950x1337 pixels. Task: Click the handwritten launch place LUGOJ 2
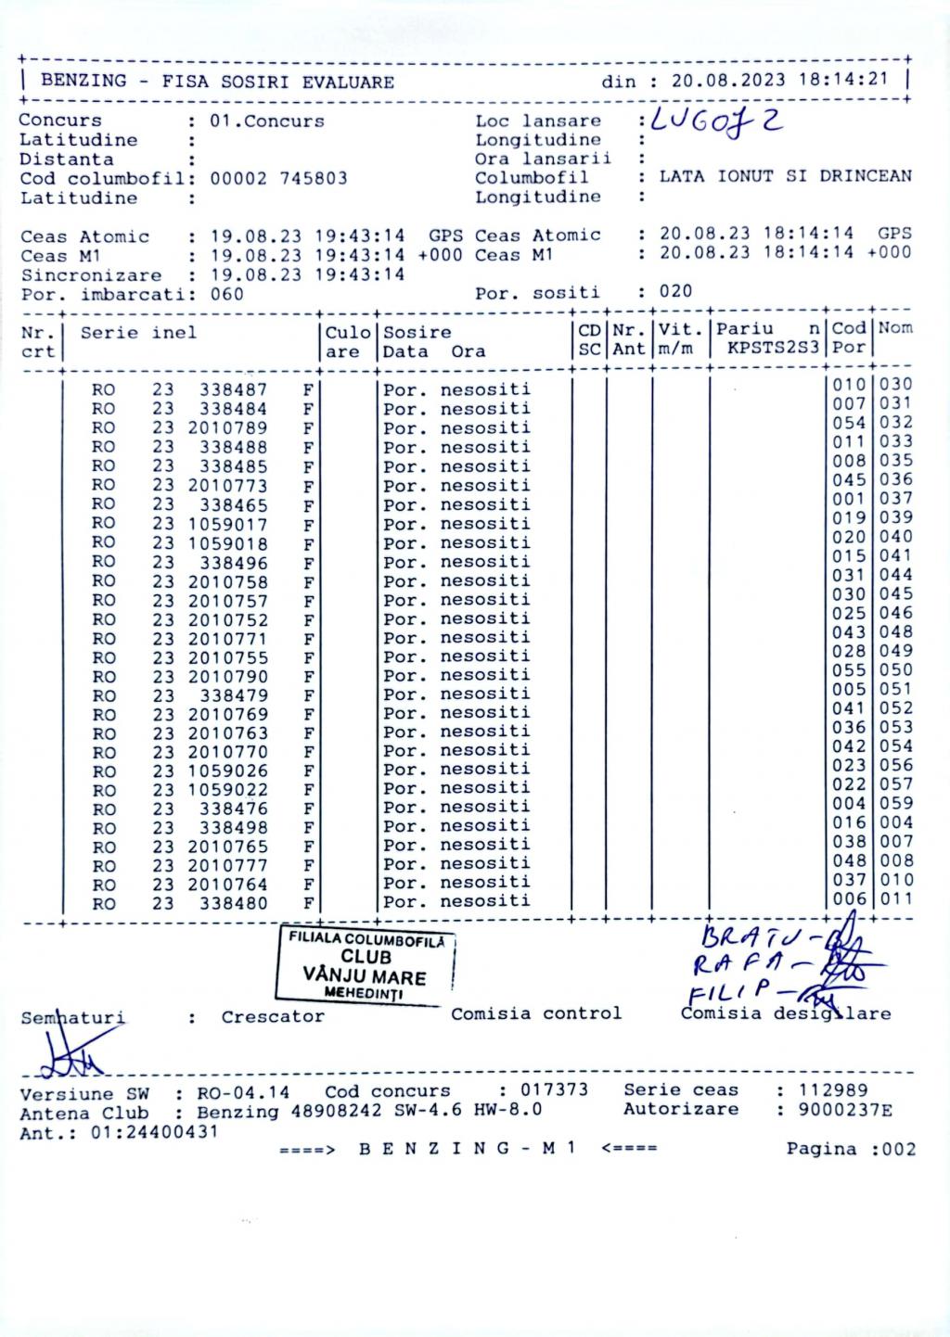pyautogui.click(x=716, y=121)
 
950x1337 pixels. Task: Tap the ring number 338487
pyautogui.click(x=233, y=390)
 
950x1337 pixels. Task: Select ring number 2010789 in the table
pyautogui.click(x=227, y=428)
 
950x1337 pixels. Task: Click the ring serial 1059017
pyautogui.click(x=227, y=524)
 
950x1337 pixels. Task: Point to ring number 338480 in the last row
pyautogui.click(x=233, y=903)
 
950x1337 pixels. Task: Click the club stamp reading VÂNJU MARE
pyautogui.click(x=365, y=976)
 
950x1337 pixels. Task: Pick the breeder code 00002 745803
pyautogui.click(x=278, y=179)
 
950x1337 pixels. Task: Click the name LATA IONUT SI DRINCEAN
pyautogui.click(x=785, y=176)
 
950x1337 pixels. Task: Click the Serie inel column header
pyautogui.click(x=138, y=333)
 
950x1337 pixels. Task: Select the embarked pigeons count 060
pyautogui.click(x=226, y=295)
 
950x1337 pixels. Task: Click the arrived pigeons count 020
pyautogui.click(x=675, y=292)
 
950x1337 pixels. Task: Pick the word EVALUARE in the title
pyautogui.click(x=348, y=82)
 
